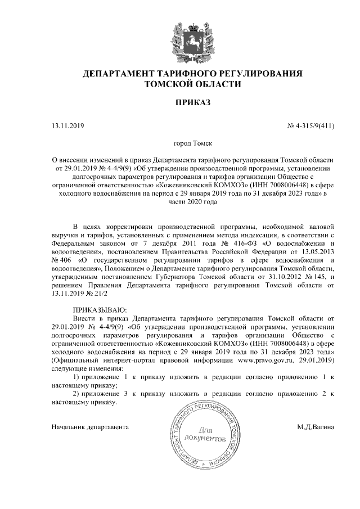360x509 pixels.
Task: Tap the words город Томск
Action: (x=192, y=144)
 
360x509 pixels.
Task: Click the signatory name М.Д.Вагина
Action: (x=316, y=426)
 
